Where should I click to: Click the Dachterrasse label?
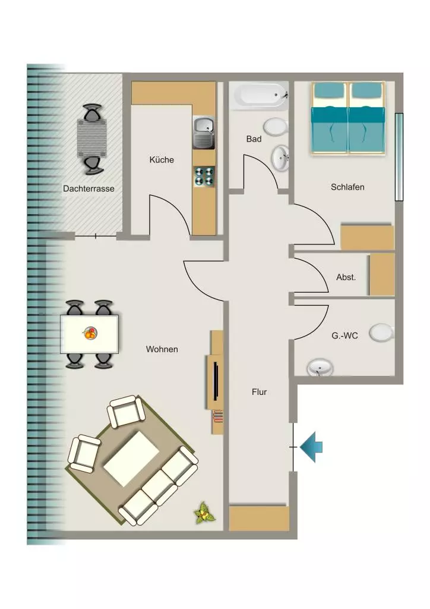point(89,189)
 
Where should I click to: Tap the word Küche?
point(162,159)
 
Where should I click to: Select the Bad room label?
point(254,139)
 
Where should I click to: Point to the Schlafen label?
point(347,187)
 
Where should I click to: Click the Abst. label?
point(346,277)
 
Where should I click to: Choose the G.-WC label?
point(344,335)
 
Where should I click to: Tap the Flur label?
point(260,392)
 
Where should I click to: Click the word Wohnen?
point(162,349)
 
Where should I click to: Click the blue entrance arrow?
point(312,447)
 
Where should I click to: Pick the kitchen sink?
point(204,133)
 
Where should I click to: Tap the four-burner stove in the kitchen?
point(204,176)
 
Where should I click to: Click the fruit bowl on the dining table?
point(90,333)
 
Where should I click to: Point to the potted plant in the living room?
point(204,512)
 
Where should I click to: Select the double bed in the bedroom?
point(349,118)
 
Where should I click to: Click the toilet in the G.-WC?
point(381,333)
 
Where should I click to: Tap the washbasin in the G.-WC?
point(320,368)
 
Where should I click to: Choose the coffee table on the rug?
point(131,459)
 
